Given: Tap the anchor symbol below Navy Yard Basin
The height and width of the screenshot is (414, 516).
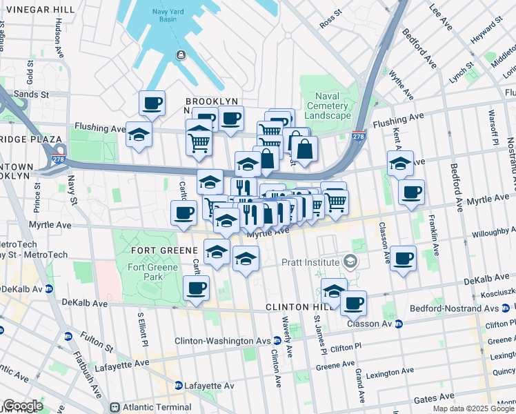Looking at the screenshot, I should point(180,55).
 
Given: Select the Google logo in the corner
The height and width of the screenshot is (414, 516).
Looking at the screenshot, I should point(22,406).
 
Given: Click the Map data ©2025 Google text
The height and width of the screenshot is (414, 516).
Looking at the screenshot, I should point(474,408).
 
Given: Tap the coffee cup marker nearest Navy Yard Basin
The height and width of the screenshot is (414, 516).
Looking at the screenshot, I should point(152,103).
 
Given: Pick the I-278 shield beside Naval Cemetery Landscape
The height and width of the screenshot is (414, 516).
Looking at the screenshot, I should point(358,136).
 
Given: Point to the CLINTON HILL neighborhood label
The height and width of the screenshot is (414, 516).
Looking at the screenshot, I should point(299,306).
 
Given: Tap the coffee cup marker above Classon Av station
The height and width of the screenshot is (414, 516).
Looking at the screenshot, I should point(353,302).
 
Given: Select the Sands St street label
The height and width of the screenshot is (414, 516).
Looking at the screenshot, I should point(32,93).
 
